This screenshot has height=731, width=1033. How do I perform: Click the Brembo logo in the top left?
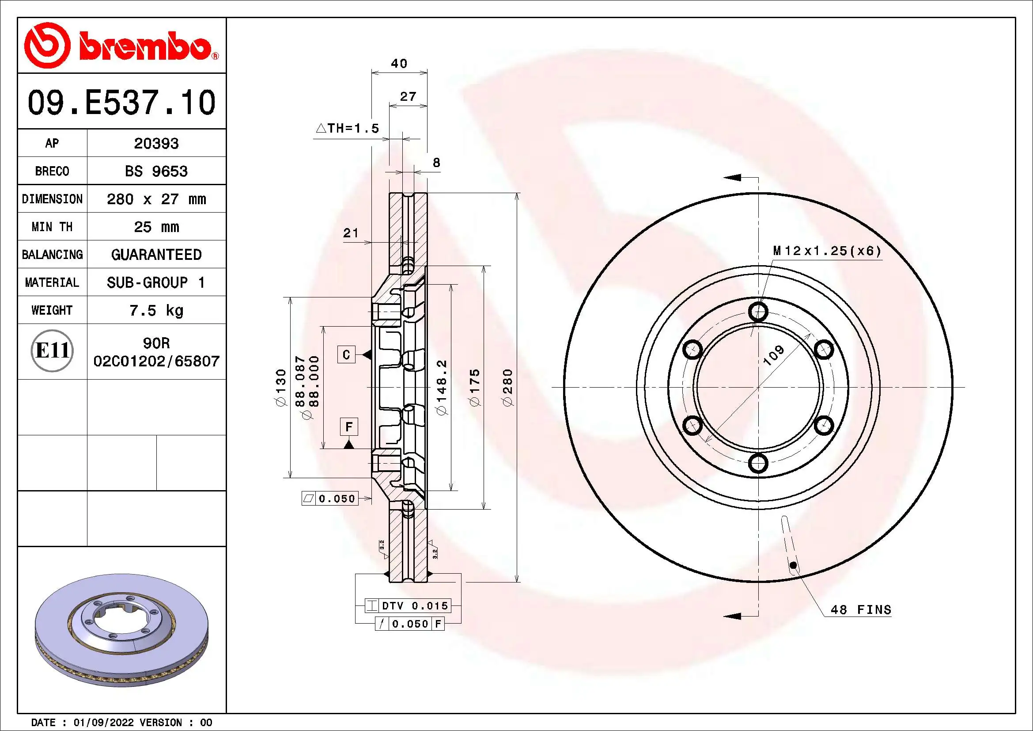pyautogui.click(x=121, y=46)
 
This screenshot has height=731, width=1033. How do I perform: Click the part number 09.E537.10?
pyautogui.click(x=121, y=103)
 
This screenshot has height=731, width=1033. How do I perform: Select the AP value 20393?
pyautogui.click(x=156, y=144)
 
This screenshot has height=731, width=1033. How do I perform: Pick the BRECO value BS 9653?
pyautogui.click(x=156, y=171)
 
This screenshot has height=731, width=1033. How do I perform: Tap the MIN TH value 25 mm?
pyautogui.click(x=156, y=227)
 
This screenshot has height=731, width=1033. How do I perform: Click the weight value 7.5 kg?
pyautogui.click(x=156, y=311)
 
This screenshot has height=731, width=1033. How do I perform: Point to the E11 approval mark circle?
pyautogui.click(x=52, y=350)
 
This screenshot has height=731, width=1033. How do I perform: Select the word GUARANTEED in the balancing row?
pyautogui.click(x=156, y=255)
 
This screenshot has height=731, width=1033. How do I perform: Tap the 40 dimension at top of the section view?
pyautogui.click(x=399, y=64)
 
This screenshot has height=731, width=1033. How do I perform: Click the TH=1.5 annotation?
pyautogui.click(x=348, y=129)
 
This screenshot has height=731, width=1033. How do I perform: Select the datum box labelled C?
pyautogui.click(x=346, y=355)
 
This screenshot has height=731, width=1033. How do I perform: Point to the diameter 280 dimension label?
pyautogui.click(x=507, y=388)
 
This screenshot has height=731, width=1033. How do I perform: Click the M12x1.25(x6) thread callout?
pyautogui.click(x=826, y=251)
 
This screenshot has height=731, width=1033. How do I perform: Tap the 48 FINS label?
pyautogui.click(x=860, y=610)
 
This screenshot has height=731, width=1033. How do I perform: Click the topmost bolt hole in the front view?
pyautogui.click(x=758, y=311)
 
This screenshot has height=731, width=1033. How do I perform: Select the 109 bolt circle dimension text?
pyautogui.click(x=773, y=355)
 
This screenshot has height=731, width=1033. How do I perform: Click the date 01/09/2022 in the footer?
pyautogui.click(x=103, y=723)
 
